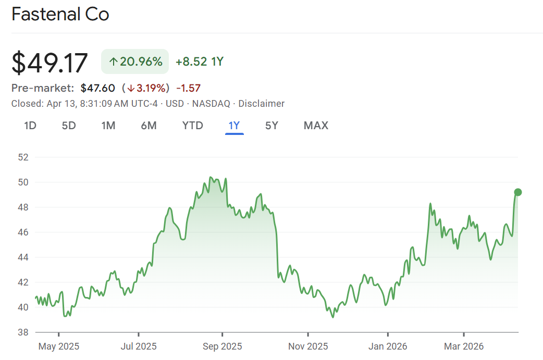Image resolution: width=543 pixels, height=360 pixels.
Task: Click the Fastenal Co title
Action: point(60,15)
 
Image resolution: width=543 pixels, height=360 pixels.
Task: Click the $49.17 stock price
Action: point(50,63)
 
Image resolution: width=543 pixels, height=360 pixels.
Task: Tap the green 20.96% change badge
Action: point(135,61)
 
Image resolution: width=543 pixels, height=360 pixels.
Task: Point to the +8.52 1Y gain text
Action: point(200,61)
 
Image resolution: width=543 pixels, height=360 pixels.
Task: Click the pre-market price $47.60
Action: point(97,88)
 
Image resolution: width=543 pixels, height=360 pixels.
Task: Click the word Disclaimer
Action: point(262,104)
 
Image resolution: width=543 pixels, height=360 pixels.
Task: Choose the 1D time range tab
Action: point(30,126)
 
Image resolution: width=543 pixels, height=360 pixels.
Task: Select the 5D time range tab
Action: point(69,126)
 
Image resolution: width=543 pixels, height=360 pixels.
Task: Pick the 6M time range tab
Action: point(149,126)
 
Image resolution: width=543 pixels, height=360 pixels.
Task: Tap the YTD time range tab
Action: point(192,126)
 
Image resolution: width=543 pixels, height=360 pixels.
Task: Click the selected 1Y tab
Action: point(234,126)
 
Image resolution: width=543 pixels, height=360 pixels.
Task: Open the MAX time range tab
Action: point(316,126)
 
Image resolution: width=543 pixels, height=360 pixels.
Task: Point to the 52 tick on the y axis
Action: point(23,157)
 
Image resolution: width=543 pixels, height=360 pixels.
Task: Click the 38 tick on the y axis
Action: point(23,332)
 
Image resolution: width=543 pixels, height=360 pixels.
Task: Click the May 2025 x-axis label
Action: point(58,346)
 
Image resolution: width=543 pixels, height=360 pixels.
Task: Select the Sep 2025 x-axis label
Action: point(222,346)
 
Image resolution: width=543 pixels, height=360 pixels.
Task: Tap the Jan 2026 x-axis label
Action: point(387,346)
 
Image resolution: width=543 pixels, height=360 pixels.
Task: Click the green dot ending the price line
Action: point(518,192)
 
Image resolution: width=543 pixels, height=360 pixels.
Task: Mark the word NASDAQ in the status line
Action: point(211,104)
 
